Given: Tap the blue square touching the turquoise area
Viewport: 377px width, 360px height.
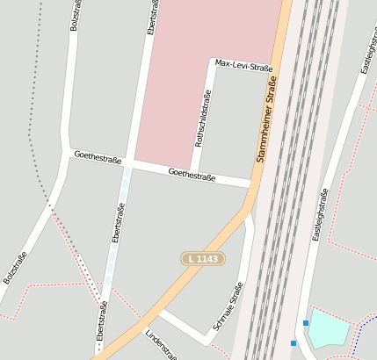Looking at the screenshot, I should tap(306, 323).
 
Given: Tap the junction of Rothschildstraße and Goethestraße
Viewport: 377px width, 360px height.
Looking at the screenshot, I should tap(194, 172).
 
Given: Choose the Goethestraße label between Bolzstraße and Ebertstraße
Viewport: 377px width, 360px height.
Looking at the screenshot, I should tap(97, 157).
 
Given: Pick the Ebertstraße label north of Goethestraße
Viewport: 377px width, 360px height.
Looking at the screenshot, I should tap(154, 18).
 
